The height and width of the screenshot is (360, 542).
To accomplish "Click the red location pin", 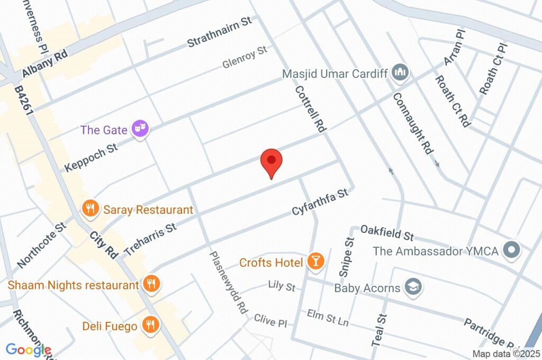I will click(272, 161).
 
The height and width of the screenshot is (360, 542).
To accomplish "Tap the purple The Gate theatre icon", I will click(140, 129).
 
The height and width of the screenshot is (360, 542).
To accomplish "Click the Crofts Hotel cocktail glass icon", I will click(316, 262).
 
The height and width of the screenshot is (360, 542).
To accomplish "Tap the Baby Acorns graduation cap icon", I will click(411, 287).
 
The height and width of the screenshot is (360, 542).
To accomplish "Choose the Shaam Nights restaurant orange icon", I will click(151, 284).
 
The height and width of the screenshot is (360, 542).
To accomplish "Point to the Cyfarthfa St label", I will click(321, 203).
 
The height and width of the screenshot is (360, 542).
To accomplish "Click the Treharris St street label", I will click(150, 239).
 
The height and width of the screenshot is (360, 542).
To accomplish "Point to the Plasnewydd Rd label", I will click(229, 282).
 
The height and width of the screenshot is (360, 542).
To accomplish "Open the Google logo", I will click(29, 349).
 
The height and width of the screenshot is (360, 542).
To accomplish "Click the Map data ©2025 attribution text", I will click(506, 354).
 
